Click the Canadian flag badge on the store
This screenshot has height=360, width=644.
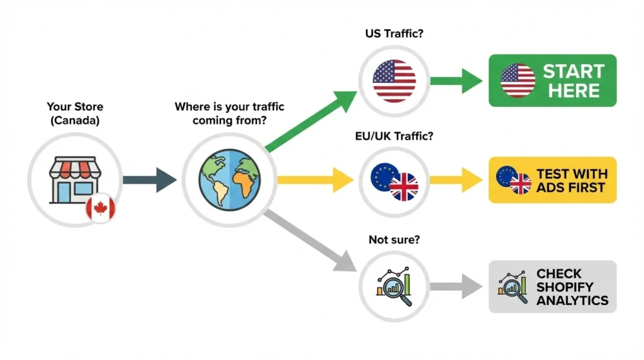(x=101, y=208)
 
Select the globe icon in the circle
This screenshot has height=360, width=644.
(x=230, y=179)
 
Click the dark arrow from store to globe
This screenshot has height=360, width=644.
(x=150, y=180)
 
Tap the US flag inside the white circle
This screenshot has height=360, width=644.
(x=394, y=81)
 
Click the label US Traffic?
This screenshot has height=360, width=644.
(x=394, y=33)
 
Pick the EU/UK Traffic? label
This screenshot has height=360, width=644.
(x=394, y=135)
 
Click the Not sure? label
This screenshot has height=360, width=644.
(x=394, y=240)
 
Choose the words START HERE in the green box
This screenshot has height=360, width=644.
(x=573, y=81)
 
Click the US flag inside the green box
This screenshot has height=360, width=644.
(x=518, y=81)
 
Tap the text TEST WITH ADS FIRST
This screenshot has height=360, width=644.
(x=571, y=180)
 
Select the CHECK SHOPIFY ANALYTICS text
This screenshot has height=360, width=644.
(x=572, y=287)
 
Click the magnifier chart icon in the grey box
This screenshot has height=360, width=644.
(x=512, y=287)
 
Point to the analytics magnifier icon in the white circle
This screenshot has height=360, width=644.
(x=394, y=287)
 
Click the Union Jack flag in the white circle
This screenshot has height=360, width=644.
(x=404, y=187)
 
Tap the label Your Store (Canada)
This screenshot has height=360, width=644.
(x=74, y=114)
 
